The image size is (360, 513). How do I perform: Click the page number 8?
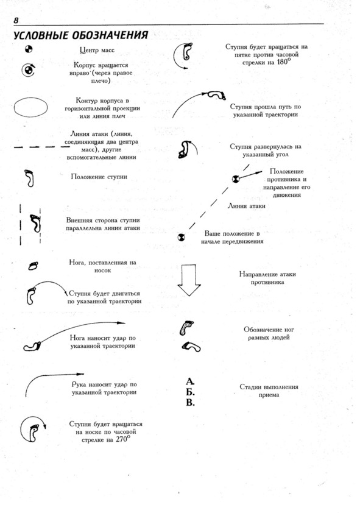(x=16, y=20)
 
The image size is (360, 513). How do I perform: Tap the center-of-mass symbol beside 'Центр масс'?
(x=29, y=49)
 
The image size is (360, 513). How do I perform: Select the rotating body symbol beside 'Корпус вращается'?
(x=28, y=69)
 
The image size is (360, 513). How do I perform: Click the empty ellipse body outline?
(x=30, y=107)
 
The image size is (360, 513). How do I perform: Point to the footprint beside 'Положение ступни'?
(x=29, y=178)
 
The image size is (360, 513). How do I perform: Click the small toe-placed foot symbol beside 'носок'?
(x=33, y=266)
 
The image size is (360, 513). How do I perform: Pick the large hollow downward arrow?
(x=189, y=280)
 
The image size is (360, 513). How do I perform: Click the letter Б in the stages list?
(x=190, y=392)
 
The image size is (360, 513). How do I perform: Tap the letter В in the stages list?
(x=190, y=402)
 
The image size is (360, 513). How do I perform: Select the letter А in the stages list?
(x=190, y=381)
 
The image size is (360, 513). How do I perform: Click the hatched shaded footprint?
(x=186, y=328)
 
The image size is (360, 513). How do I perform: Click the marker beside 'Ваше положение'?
(x=181, y=237)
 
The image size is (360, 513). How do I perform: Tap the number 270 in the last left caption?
(x=121, y=440)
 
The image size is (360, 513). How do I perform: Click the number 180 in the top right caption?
(x=283, y=62)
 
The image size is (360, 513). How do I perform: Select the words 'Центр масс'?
(x=97, y=51)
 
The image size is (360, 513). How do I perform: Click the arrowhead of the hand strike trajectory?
(x=80, y=374)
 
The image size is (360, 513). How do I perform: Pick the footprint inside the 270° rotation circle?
(x=34, y=433)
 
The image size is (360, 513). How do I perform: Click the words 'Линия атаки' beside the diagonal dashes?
(x=247, y=206)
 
